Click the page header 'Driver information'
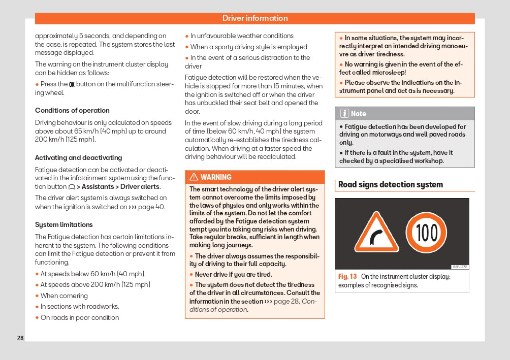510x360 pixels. coord(255,18)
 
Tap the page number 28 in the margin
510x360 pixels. coord(20,338)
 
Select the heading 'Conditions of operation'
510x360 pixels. coord(72,111)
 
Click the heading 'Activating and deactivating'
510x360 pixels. coord(78,157)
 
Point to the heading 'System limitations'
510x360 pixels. coord(64,224)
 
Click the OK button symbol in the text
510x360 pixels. coord(72,84)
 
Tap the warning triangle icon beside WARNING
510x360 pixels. coord(194,177)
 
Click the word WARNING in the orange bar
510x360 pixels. coord(216,177)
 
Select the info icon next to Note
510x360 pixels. coord(344,113)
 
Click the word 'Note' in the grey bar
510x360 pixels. coord(359,114)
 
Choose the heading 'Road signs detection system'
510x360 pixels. coord(391,185)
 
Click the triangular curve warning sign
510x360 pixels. coord(376,233)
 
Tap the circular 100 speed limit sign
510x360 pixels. coord(427,233)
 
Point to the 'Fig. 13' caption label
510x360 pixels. coord(347,277)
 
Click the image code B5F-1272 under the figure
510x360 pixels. coord(459,267)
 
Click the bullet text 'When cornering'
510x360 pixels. coord(64,296)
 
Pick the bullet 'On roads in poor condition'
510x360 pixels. coord(80,317)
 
